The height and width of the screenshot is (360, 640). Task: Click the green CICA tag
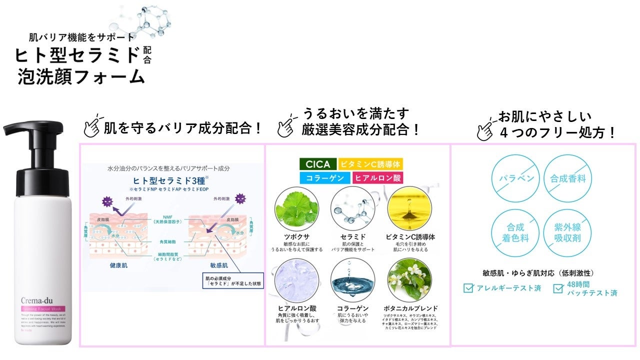(x=317, y=164)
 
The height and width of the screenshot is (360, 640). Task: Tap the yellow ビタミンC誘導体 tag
(x=370, y=164)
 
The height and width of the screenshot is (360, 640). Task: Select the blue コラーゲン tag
(x=324, y=177)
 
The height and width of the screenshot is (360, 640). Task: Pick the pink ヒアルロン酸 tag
(x=378, y=177)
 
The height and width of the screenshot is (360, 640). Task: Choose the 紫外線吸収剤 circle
(x=567, y=233)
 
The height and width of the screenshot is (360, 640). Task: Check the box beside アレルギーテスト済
(x=468, y=288)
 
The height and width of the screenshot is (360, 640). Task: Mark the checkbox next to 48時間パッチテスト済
(x=558, y=288)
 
